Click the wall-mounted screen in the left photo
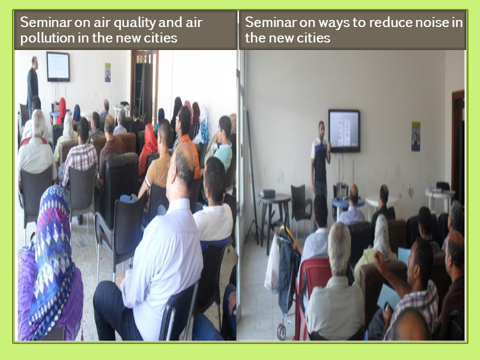coord(58,66)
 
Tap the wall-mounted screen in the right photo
coord(344,130)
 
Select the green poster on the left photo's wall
coord(108,72)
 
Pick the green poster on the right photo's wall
coord(415,136)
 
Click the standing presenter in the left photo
coord(32,82)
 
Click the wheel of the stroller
coord(281,332)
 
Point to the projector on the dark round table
coord(267,193)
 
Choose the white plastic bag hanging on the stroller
coord(272,265)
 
